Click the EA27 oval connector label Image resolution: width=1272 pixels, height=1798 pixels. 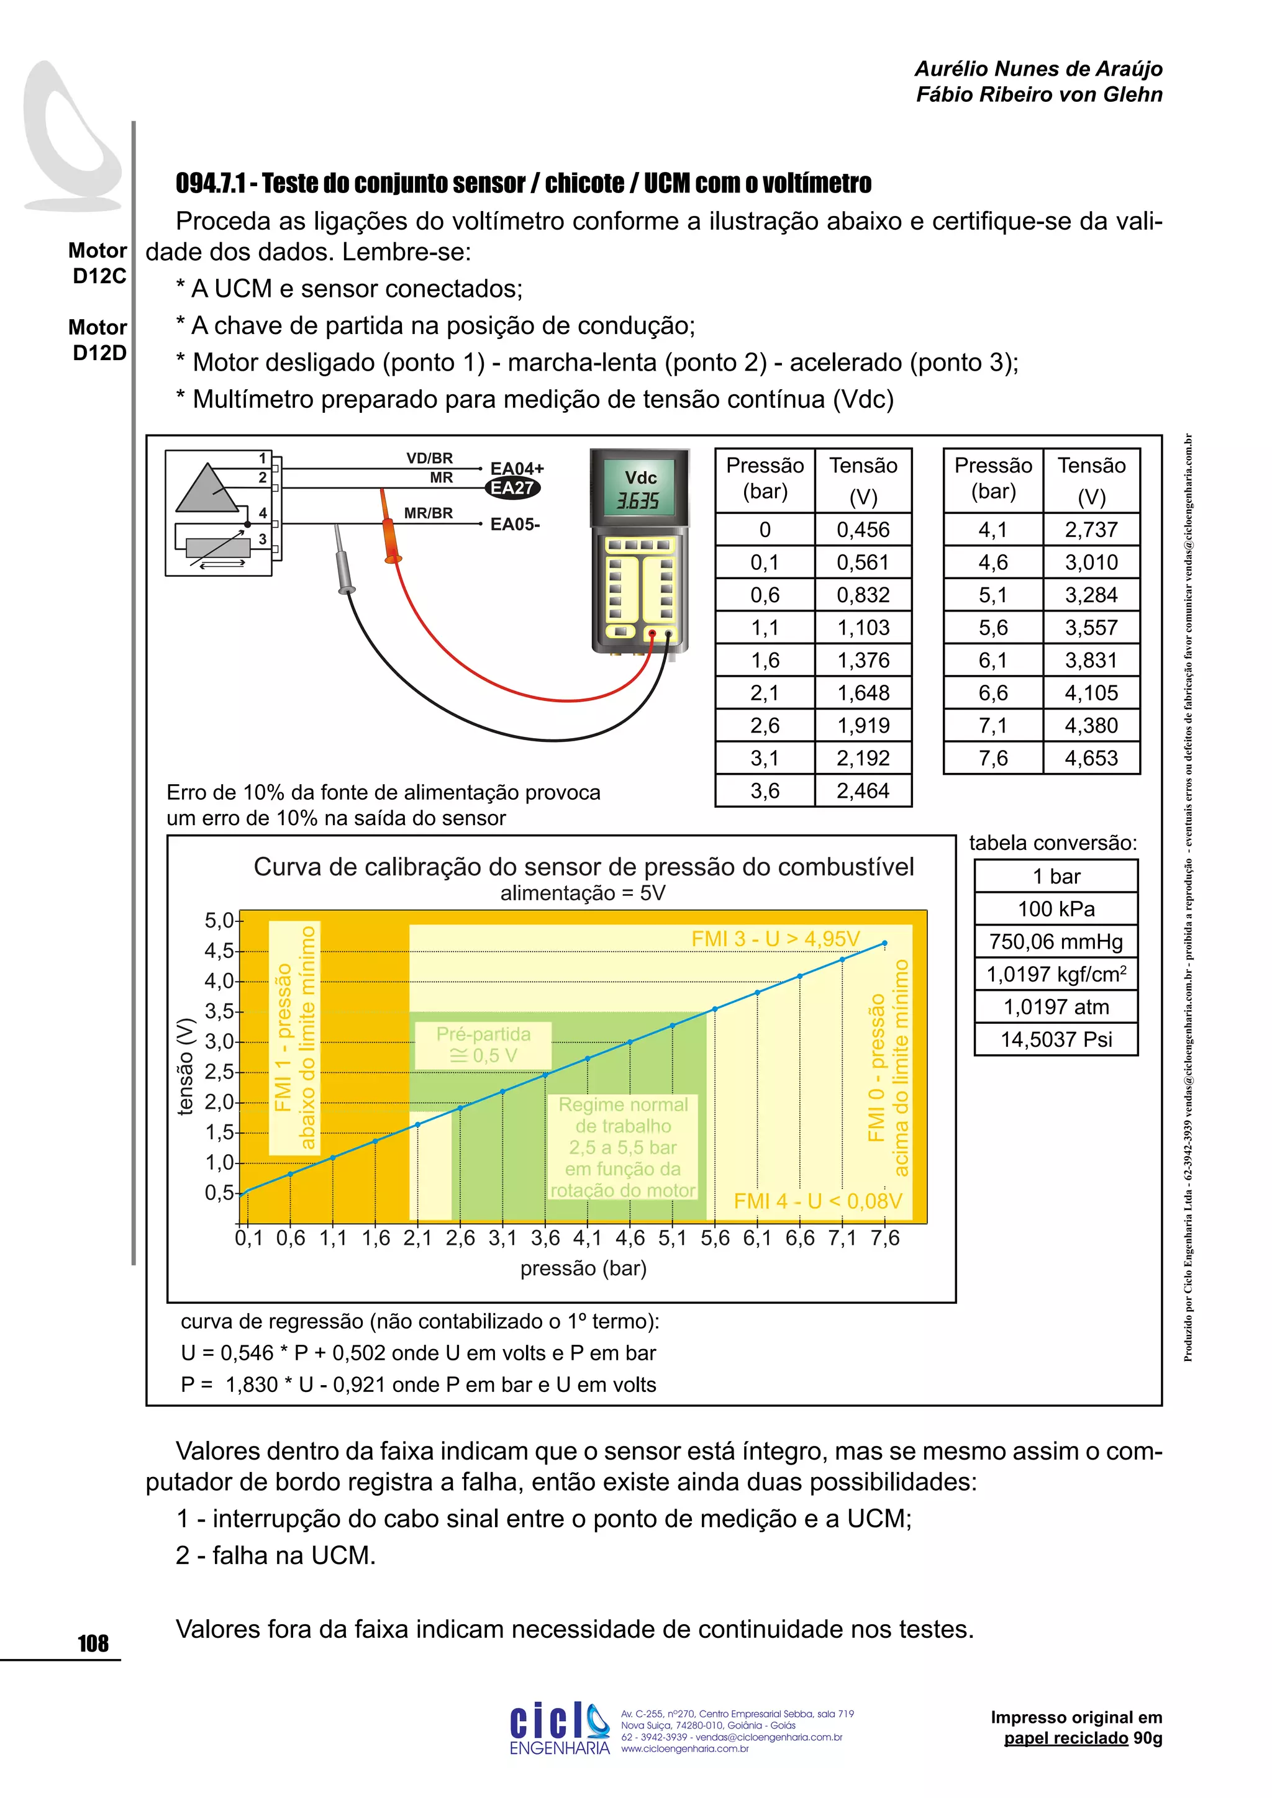pyautogui.click(x=512, y=488)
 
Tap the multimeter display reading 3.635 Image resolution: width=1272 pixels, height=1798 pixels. pyautogui.click(x=638, y=500)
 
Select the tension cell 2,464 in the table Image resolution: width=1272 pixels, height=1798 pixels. pyautogui.click(x=863, y=790)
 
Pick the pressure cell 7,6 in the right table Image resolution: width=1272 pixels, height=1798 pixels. pyautogui.click(x=993, y=758)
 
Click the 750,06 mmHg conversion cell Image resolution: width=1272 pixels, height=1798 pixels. pyautogui.click(x=1055, y=941)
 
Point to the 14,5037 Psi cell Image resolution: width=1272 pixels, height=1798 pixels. pyautogui.click(x=1055, y=1039)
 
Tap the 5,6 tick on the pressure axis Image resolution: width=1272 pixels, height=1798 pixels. pyautogui.click(x=714, y=1238)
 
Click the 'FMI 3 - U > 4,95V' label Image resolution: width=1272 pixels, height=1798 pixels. pyautogui.click(x=775, y=938)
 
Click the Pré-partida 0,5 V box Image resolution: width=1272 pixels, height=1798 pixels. pyautogui.click(x=483, y=1045)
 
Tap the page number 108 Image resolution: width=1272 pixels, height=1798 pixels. pyautogui.click(x=93, y=1643)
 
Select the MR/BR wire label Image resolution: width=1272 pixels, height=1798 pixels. pyautogui.click(x=428, y=513)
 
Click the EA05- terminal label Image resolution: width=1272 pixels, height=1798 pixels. pyautogui.click(x=515, y=524)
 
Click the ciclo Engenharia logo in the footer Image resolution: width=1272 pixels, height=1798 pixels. pyautogui.click(x=559, y=1730)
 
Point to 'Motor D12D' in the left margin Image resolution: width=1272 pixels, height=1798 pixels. pyautogui.click(x=99, y=340)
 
